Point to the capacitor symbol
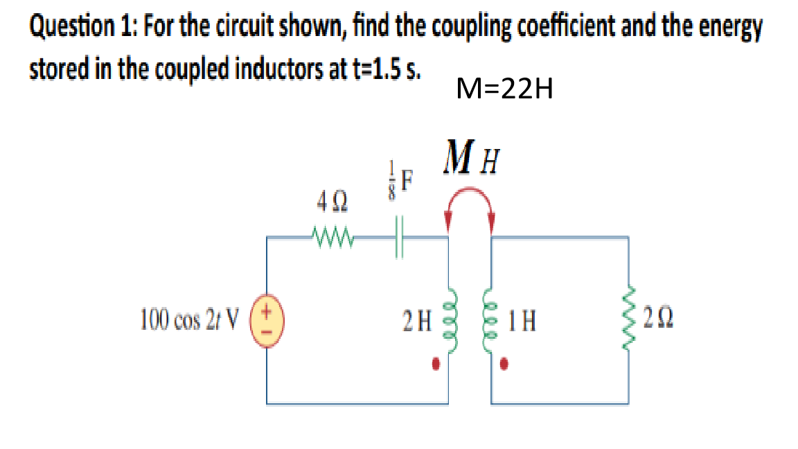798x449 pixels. point(398,238)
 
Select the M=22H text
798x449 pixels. point(505,89)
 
